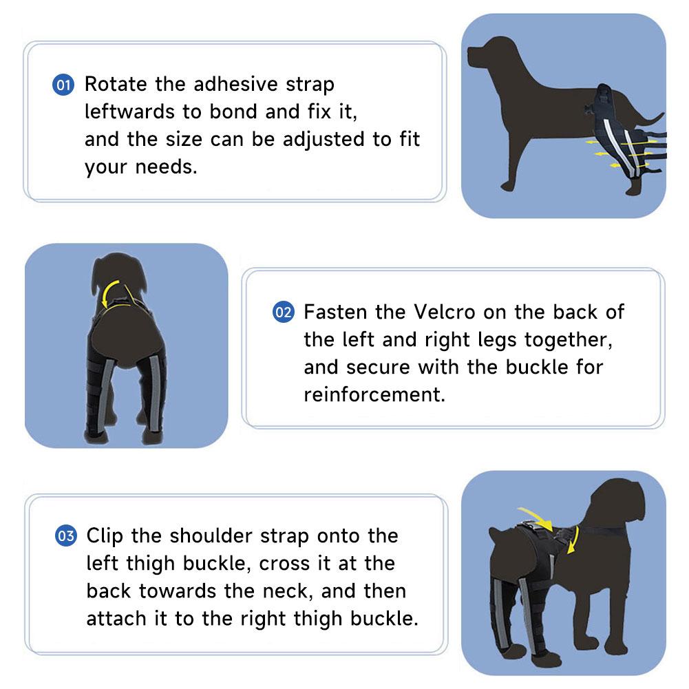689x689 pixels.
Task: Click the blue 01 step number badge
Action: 63,85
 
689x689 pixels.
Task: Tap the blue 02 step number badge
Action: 284,312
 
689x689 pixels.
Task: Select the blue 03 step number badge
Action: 66,536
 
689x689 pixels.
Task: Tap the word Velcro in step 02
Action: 445,312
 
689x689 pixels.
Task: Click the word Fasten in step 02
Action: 335,312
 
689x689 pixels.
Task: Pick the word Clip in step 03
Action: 105,536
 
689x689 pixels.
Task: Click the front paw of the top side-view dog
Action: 507,186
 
